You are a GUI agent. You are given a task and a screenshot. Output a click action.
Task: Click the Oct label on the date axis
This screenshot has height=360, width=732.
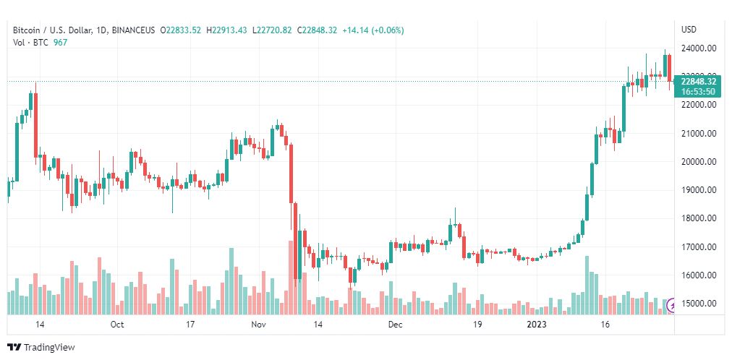(x=117, y=325)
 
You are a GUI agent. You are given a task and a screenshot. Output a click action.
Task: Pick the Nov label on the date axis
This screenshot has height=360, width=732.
(x=258, y=325)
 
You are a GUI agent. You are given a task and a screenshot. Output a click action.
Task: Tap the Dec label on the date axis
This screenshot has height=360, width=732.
(x=395, y=325)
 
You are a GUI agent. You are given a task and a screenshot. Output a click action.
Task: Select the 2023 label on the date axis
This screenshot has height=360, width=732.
(x=536, y=325)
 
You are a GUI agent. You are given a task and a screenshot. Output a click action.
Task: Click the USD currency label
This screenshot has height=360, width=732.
(x=689, y=30)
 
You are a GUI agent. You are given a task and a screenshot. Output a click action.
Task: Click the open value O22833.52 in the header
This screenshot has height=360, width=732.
(x=182, y=30)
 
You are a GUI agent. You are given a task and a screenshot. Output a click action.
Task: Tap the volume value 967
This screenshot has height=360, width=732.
(x=61, y=43)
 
